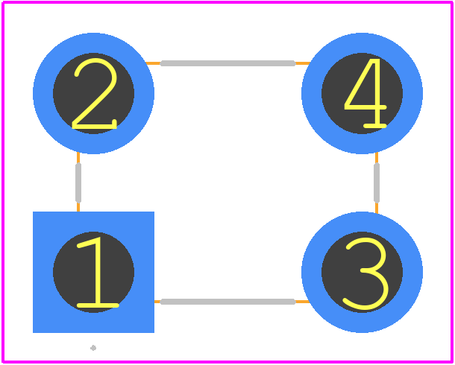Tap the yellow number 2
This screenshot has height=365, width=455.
pos(94,93)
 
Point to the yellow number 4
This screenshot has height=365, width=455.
pos(365,93)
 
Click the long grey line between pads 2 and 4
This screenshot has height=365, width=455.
pos(228,63)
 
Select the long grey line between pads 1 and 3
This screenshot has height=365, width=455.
pos(228,302)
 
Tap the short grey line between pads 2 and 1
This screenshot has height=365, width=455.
pos(78,182)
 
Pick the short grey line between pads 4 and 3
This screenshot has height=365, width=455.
pos(377,182)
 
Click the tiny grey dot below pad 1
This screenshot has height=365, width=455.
pos(93,348)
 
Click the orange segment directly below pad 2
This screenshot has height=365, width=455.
pos(78,158)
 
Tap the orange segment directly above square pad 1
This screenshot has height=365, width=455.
pos(78,207)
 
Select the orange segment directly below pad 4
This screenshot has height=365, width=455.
pos(377,158)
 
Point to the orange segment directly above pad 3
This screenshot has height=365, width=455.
pos(377,208)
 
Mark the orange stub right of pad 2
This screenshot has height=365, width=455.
pos(153,63)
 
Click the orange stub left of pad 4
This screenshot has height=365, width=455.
pos(303,63)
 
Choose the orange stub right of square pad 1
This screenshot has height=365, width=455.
pos(157,302)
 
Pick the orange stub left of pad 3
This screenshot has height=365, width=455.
pos(302,302)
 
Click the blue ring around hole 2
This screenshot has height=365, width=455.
pos(43,93)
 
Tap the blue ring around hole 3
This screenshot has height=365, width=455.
pos(312,273)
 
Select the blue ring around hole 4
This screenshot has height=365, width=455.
pos(312,93)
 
